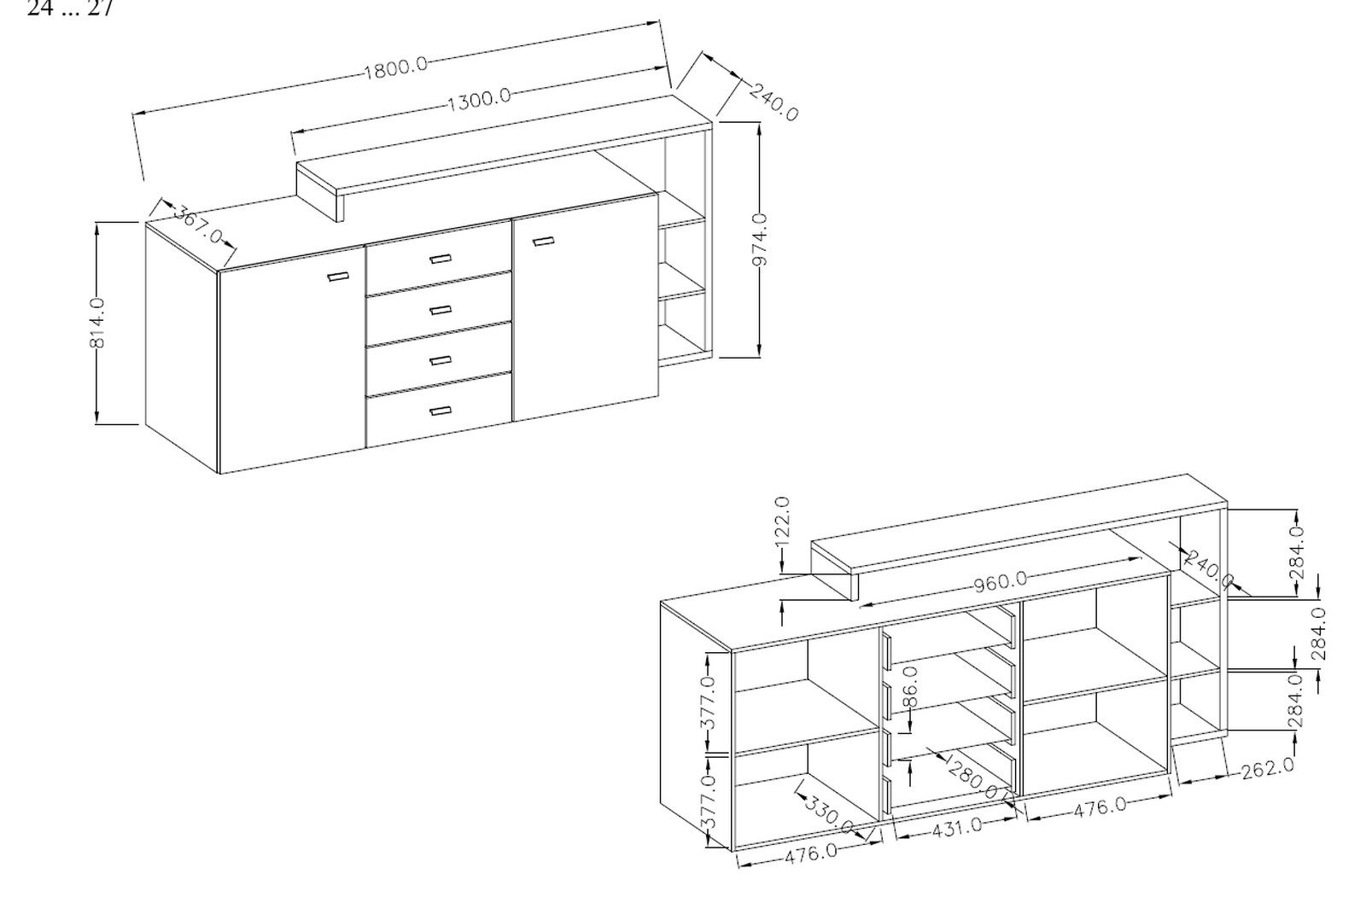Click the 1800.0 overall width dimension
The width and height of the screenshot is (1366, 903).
(396, 67)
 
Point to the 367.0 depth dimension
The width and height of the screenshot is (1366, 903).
(198, 224)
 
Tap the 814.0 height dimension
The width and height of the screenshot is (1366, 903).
(97, 322)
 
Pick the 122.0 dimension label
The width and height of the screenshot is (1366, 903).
(783, 519)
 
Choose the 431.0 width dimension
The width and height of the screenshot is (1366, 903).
(958, 826)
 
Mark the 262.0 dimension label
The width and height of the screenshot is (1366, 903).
(1267, 767)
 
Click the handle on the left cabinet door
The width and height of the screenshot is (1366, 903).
(338, 276)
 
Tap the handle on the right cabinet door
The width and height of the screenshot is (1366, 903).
(543, 242)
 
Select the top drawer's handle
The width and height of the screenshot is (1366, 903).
(440, 259)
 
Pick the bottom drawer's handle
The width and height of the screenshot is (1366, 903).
(440, 411)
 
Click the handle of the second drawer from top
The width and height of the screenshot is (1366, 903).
(440, 309)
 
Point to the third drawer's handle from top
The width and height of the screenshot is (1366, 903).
(440, 359)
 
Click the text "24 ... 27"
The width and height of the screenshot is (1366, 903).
(70, 9)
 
